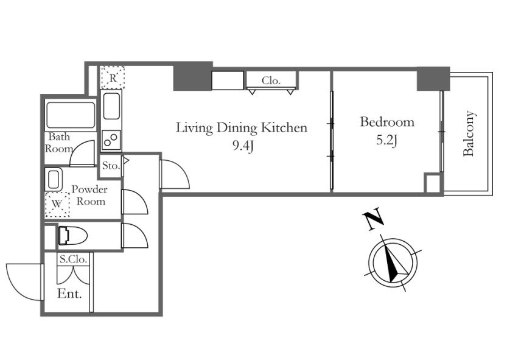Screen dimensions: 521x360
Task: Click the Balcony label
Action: point(469,133)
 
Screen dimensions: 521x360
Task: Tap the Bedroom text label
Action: point(387,122)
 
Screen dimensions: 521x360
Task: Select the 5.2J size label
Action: point(387,141)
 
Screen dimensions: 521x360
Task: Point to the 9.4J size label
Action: point(243,146)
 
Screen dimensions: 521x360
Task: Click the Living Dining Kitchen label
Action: point(242,128)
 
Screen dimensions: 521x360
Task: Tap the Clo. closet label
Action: point(271,80)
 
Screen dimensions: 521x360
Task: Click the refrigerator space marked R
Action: point(113,78)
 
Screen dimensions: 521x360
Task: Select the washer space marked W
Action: point(57,205)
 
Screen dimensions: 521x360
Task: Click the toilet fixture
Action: point(72,236)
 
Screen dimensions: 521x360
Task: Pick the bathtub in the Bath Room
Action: point(71,115)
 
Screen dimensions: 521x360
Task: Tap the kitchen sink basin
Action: point(111,106)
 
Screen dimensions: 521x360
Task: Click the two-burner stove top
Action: point(111,140)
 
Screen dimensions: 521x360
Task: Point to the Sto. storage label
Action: point(111,166)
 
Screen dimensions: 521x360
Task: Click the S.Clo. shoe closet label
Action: point(74,259)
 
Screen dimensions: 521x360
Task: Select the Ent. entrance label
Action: point(69,294)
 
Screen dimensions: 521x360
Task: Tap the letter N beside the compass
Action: point(373,219)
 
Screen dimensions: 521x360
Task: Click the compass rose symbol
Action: point(393,261)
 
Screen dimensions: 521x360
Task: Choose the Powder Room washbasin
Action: point(54,180)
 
